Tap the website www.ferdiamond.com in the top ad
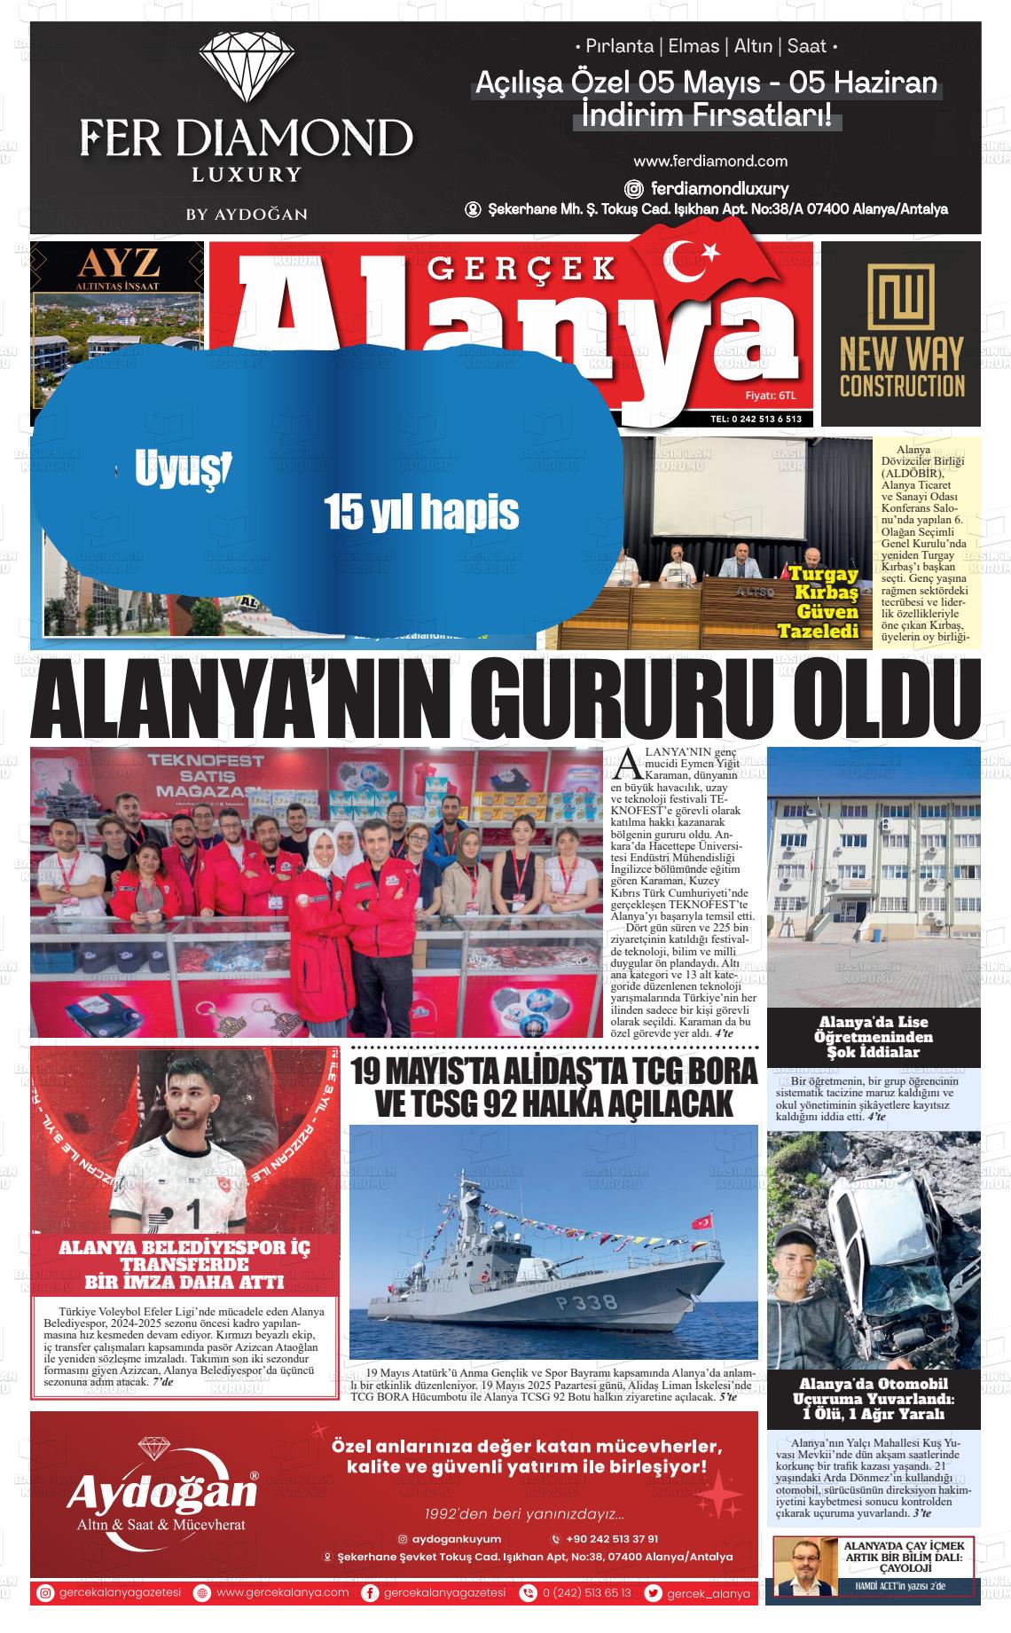710,161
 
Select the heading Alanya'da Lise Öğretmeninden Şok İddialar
874,1037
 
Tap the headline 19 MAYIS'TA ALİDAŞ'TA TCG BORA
554,1072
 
